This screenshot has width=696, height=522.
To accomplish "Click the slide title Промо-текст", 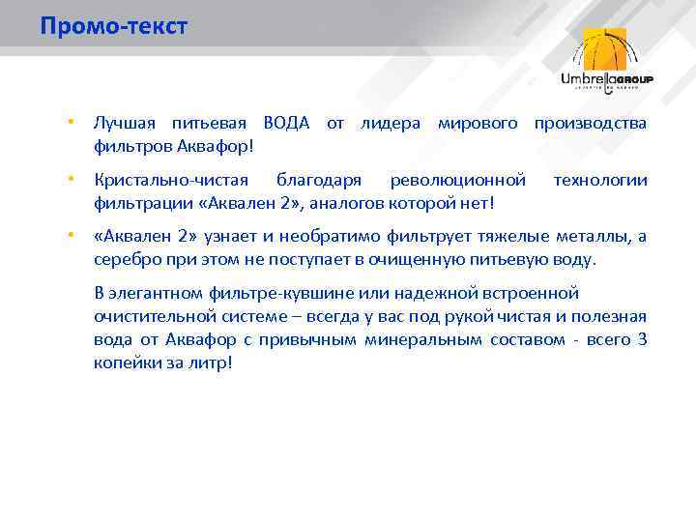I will (113, 26).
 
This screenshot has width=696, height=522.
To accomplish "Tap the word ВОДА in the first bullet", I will (286, 124).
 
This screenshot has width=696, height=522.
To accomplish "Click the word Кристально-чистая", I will (170, 181).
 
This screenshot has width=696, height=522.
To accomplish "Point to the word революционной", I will (457, 181).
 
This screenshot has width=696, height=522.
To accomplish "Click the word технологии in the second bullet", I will (599, 181).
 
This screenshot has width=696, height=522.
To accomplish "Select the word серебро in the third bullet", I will (124, 259).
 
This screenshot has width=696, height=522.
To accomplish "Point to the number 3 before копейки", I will (642, 339).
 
